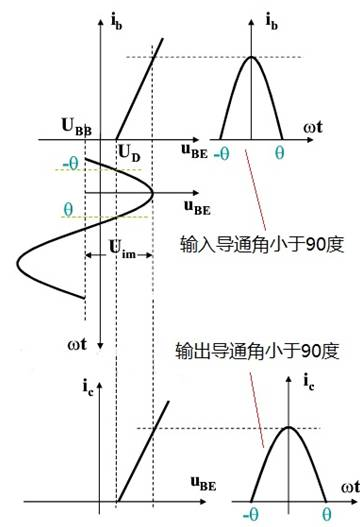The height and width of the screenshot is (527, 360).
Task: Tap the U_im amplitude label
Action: (121, 252)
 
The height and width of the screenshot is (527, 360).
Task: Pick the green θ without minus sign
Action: (68, 210)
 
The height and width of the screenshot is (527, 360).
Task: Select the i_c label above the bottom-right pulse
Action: (307, 380)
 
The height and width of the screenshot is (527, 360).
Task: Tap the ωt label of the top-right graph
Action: (317, 127)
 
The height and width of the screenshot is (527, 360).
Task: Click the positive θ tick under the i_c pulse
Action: (325, 511)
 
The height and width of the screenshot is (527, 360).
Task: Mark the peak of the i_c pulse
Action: (288, 428)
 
